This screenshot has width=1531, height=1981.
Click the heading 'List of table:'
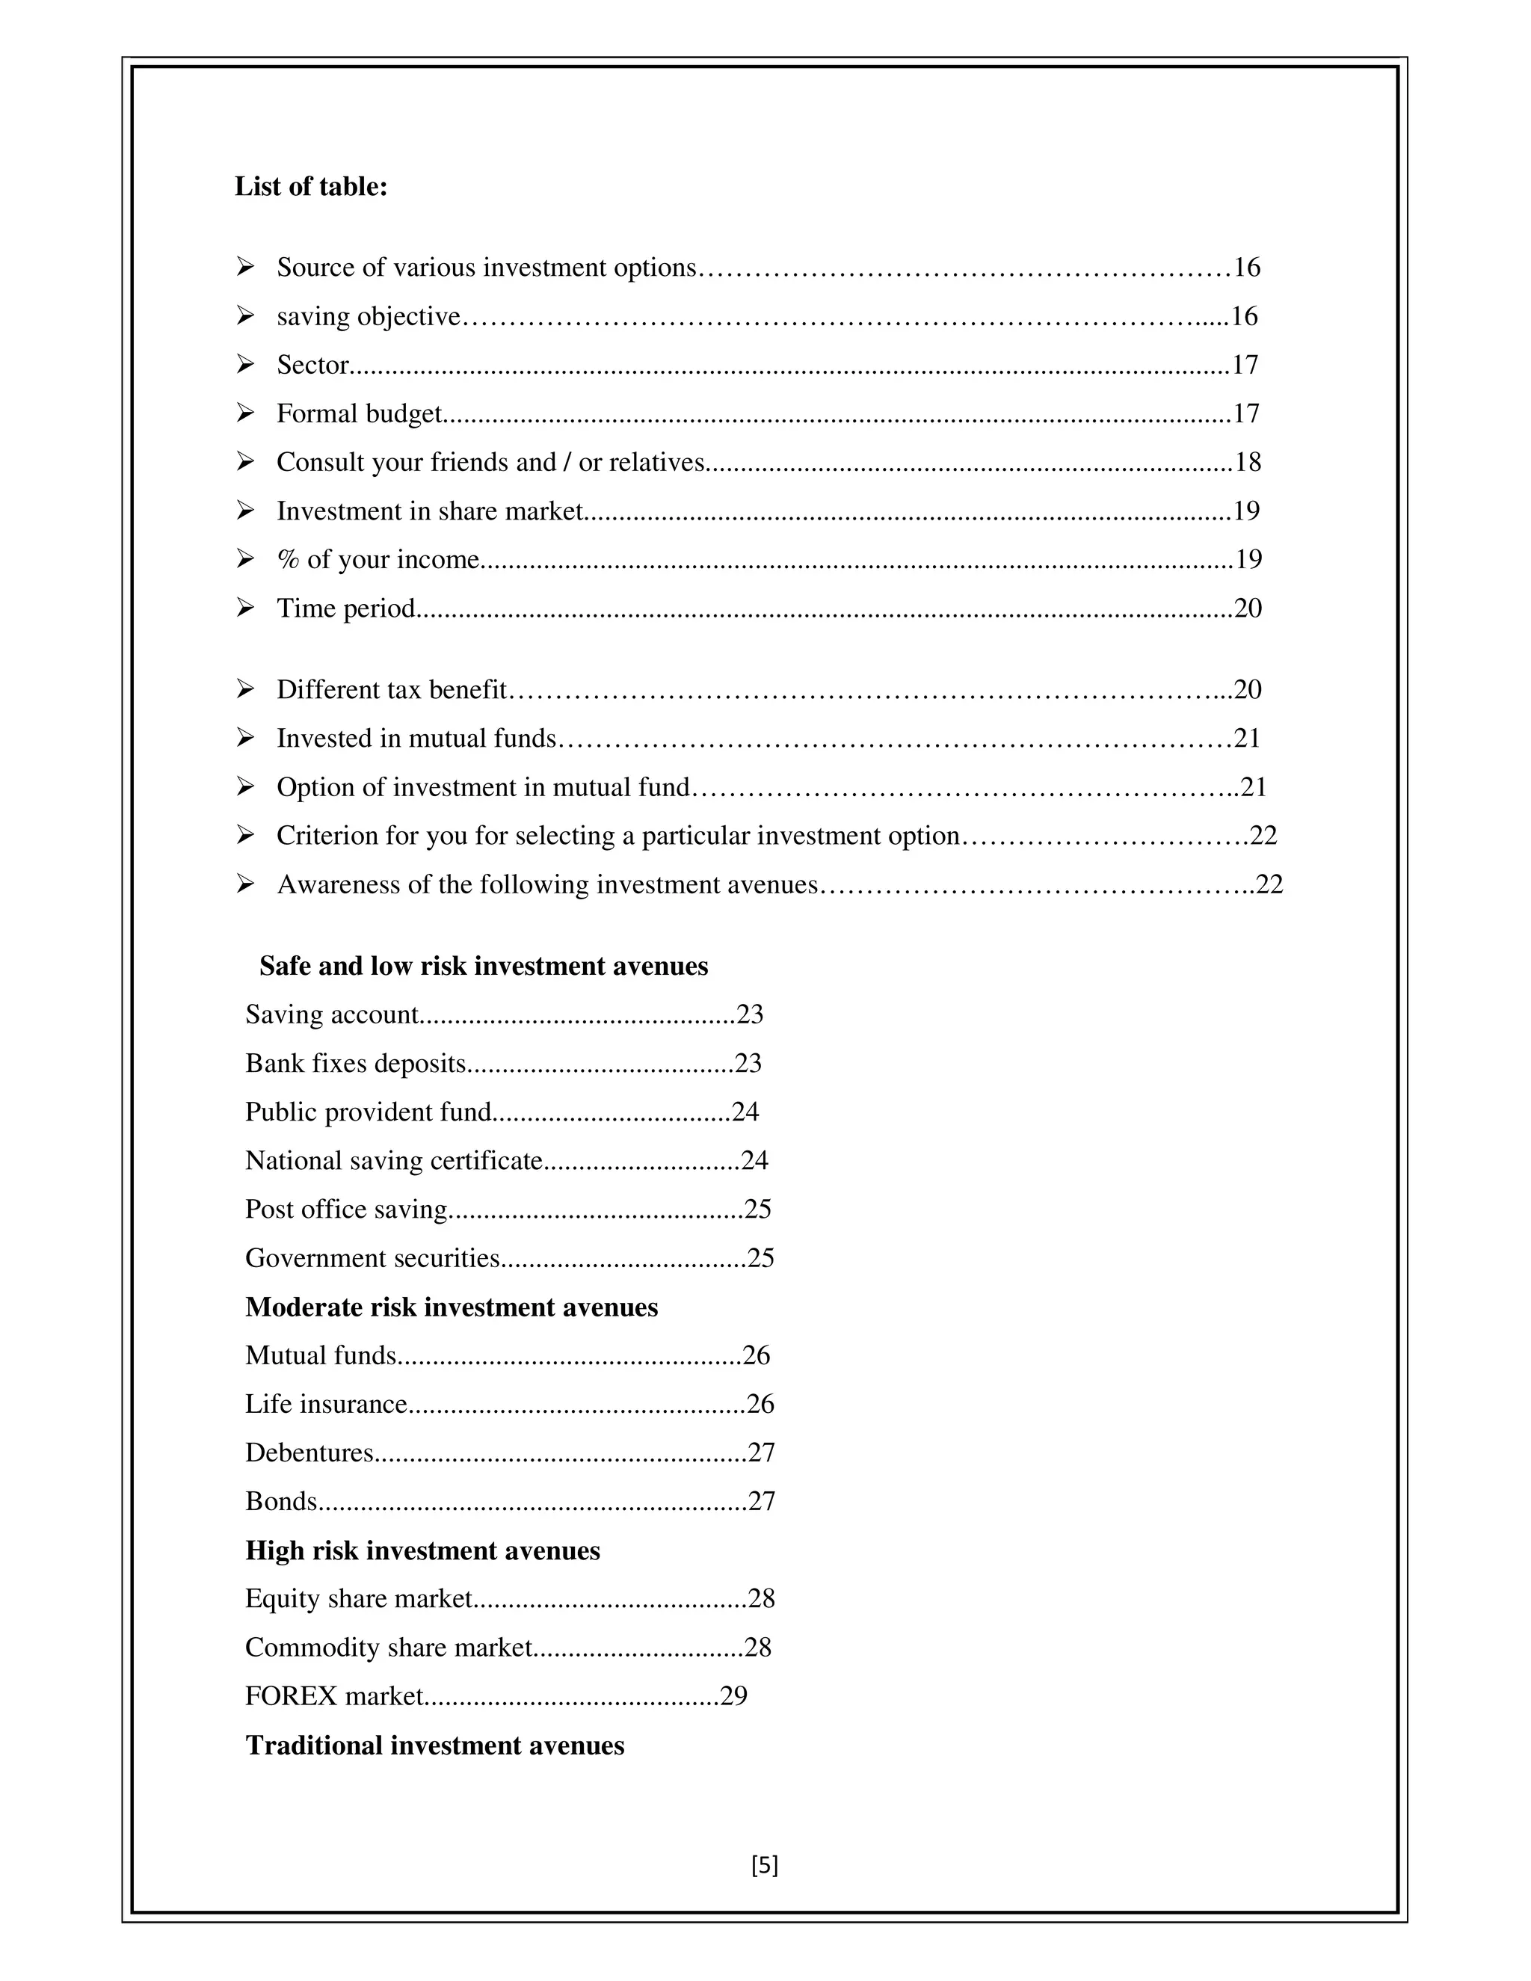tap(310, 187)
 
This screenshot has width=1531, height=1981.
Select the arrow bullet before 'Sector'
tap(245, 365)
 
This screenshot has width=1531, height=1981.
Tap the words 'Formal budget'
tap(358, 413)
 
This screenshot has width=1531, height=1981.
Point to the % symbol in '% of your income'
tap(289, 560)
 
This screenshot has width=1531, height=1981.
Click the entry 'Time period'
tap(345, 608)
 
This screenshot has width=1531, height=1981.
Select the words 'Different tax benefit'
tap(391, 690)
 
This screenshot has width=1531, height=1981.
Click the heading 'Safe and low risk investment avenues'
tap(484, 966)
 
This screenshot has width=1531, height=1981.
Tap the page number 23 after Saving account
tap(749, 1014)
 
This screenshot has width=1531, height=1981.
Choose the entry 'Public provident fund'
tap(367, 1112)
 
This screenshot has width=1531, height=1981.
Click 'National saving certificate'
tap(392, 1161)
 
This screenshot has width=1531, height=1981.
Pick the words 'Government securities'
tap(372, 1259)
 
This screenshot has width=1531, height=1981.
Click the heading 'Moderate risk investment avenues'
tap(451, 1307)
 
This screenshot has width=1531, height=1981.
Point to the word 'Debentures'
tap(309, 1453)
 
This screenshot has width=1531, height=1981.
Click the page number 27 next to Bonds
tap(762, 1502)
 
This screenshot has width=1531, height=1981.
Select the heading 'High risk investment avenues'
tap(422, 1551)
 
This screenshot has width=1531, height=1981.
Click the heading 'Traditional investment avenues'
tap(434, 1746)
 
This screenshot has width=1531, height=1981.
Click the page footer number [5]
tap(765, 1866)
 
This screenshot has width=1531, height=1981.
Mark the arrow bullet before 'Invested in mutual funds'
tap(245, 739)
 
